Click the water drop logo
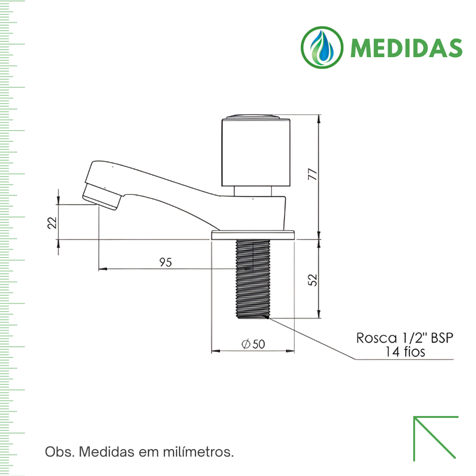pyautogui.click(x=322, y=47)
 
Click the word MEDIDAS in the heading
pyautogui.click(x=406, y=48)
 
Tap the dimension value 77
pyautogui.click(x=313, y=174)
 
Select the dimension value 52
pyautogui.click(x=313, y=279)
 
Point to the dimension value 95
pyautogui.click(x=166, y=262)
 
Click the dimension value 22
pyautogui.click(x=52, y=223)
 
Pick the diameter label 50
pyautogui.click(x=253, y=344)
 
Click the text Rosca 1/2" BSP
pyautogui.click(x=405, y=338)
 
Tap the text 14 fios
pyautogui.click(x=405, y=352)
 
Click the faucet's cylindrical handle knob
pyautogui.click(x=256, y=151)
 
